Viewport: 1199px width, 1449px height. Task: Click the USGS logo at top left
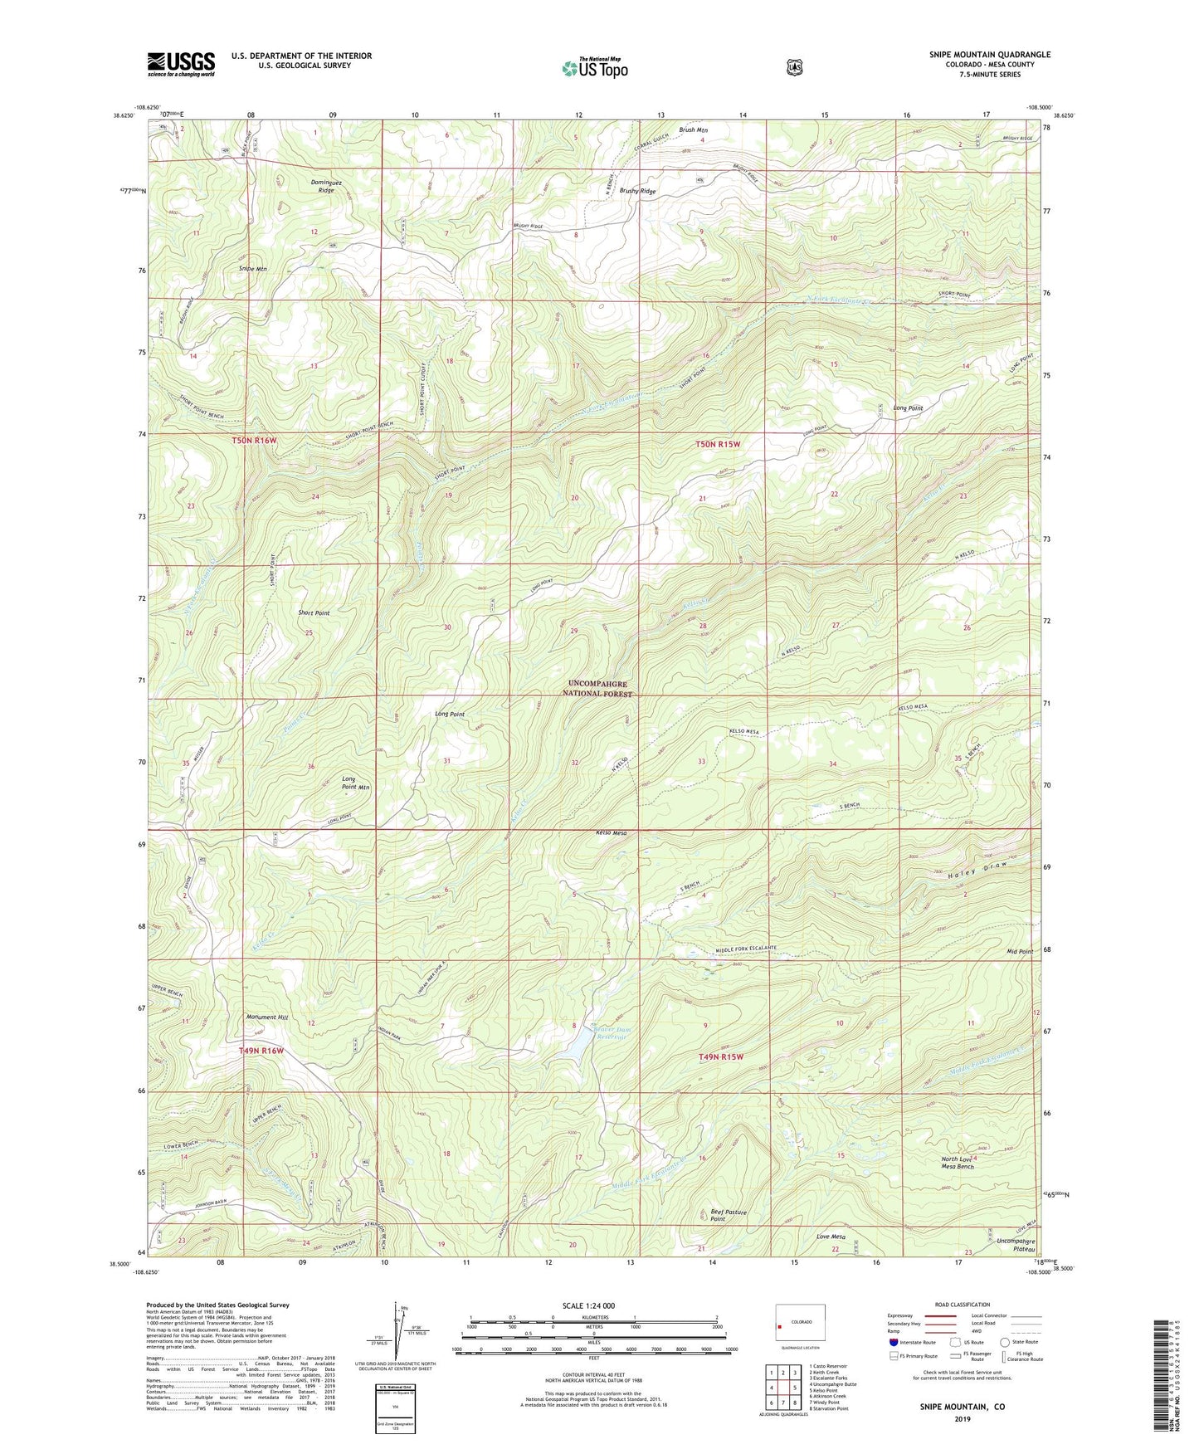click(x=181, y=64)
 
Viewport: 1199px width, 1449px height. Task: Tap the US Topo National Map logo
click(x=593, y=68)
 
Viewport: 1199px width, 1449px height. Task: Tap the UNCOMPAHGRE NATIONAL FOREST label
click(x=597, y=689)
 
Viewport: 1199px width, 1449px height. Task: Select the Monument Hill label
click(x=267, y=1017)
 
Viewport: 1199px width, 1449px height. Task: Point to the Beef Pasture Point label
click(x=729, y=1215)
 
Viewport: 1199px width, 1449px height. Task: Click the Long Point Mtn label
click(x=355, y=783)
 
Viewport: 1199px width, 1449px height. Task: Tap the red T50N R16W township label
click(x=254, y=440)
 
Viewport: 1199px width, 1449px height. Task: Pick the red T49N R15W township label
click(x=720, y=1056)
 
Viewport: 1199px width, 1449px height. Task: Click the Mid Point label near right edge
click(x=1020, y=951)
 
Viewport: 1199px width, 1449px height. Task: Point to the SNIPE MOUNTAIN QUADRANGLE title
click(x=989, y=55)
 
